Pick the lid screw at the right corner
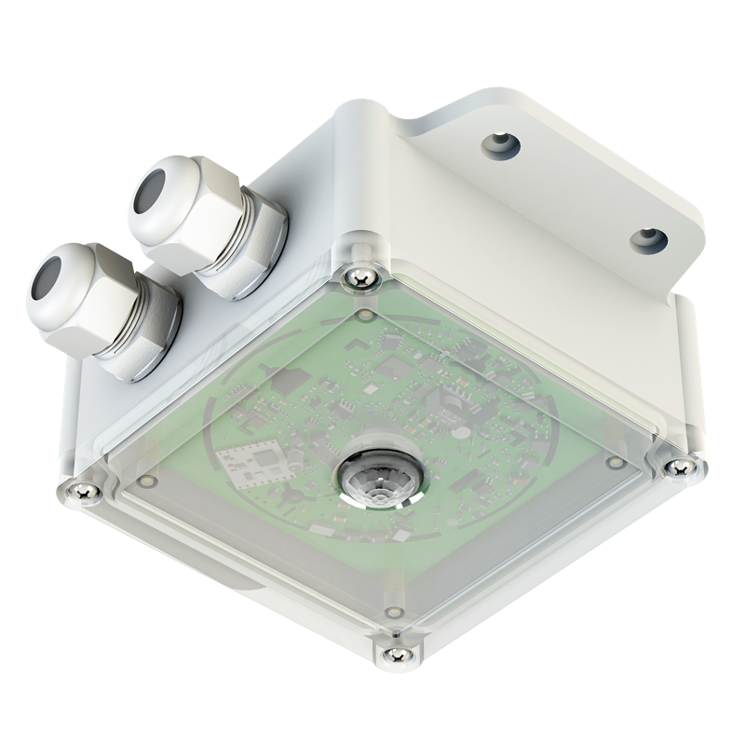(x=679, y=465)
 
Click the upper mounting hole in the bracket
(x=501, y=143)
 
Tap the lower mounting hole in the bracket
(x=648, y=240)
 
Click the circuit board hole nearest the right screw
(x=614, y=461)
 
